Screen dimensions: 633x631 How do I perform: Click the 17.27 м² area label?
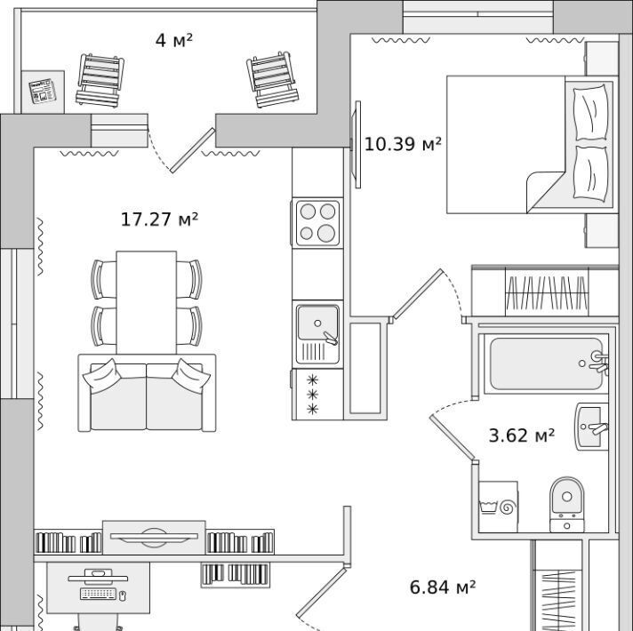[x=159, y=220]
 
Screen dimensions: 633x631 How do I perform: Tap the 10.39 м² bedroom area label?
[x=403, y=144]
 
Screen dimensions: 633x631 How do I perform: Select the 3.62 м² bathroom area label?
[x=522, y=435]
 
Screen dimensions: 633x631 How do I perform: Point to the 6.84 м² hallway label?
[x=443, y=587]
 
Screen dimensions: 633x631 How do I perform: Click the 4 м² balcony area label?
[x=174, y=40]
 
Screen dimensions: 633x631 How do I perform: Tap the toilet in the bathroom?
[x=567, y=505]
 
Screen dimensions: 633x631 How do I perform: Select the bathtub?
[x=547, y=363]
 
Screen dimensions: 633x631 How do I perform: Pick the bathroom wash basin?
[x=592, y=427]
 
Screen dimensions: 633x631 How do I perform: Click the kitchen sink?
[x=317, y=334]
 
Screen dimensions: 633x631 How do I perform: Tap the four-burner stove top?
[x=317, y=223]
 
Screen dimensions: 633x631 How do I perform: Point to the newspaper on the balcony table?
[x=43, y=92]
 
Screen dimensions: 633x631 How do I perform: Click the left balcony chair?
[x=100, y=80]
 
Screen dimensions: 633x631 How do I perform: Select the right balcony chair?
[x=273, y=79]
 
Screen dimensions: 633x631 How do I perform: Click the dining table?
[x=146, y=302]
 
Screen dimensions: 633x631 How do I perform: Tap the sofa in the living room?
[x=147, y=393]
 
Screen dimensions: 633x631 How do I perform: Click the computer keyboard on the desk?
[x=98, y=594]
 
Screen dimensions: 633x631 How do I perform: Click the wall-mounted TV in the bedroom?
[x=357, y=145]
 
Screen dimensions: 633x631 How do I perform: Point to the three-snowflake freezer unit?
[x=317, y=395]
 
